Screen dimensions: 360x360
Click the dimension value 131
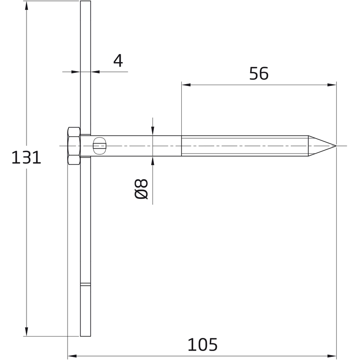26,157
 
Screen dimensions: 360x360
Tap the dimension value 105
202,344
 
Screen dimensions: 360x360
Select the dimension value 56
259,73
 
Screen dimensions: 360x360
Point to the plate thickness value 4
118,60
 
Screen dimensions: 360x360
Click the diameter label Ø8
141,189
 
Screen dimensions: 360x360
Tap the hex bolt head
74,146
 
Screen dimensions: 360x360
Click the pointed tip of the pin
336,146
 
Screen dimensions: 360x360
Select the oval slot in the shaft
99,146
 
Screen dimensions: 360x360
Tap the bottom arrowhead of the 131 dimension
27,332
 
